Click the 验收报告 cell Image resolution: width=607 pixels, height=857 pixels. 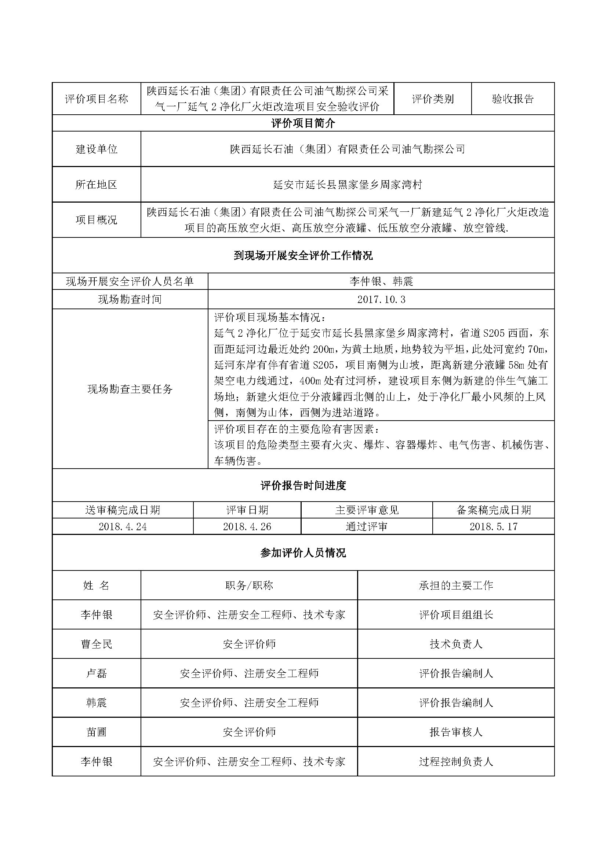coord(512,99)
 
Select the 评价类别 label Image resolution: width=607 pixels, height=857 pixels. coord(432,99)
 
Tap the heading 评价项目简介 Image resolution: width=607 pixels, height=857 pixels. coord(303,123)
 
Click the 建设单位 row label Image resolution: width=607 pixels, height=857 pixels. coord(97,149)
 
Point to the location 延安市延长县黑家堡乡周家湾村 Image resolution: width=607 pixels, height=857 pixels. coord(347,185)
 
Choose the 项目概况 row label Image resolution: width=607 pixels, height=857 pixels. coord(97,220)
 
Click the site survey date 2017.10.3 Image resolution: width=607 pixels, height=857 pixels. coord(381,299)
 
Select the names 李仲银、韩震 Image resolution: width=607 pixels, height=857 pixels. coord(381,281)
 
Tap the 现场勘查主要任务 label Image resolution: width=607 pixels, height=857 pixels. coord(130,389)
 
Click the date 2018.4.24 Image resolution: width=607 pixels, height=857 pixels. coord(123,526)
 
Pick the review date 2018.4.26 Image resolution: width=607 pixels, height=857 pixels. coord(247,526)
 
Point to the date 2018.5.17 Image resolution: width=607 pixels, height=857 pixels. coord(493,526)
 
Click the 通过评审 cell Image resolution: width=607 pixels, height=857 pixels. coord(366,526)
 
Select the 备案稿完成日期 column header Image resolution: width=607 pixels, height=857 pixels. coord(493,510)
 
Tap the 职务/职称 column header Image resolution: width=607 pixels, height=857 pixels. coord(249,585)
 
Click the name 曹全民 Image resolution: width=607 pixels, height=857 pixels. coord(97,644)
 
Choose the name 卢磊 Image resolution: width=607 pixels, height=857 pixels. coord(97,673)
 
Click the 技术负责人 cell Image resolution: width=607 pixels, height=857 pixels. coord(456,644)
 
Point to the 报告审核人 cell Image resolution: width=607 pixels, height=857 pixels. coord(456,732)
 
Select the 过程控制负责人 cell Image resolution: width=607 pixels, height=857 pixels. coord(456,761)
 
